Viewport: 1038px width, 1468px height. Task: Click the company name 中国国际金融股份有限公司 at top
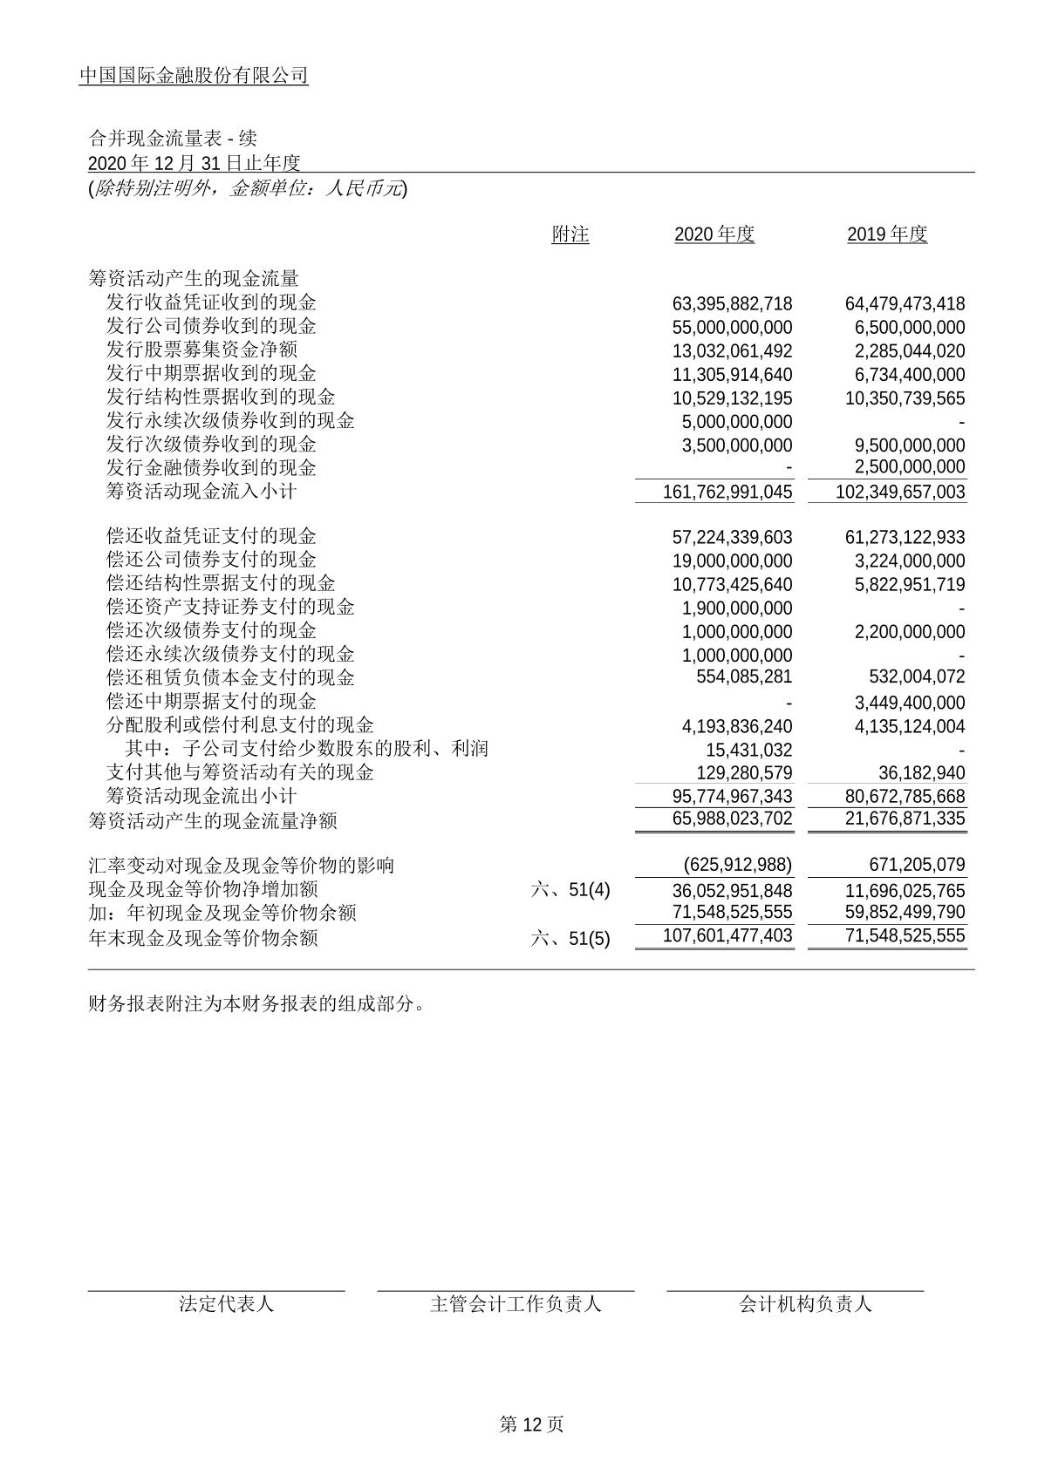[x=194, y=76]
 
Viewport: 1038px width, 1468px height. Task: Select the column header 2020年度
[x=714, y=234]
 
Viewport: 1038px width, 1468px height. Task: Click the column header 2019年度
[x=886, y=234]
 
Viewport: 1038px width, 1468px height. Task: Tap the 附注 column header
[x=570, y=234]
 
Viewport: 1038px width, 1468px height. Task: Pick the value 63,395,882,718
[x=732, y=304]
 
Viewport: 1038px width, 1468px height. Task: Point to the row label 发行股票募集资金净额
[x=201, y=350]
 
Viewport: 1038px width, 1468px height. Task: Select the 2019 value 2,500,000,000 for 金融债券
[x=909, y=468]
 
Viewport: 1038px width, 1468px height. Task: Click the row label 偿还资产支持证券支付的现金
[x=230, y=607]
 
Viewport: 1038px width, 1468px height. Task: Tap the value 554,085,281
[x=744, y=677]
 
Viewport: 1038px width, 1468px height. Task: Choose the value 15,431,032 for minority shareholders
[x=748, y=750]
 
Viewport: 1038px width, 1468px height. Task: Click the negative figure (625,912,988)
[x=738, y=866]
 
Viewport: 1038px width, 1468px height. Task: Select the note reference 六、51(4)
[x=570, y=891]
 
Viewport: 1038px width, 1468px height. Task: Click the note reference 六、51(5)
[x=570, y=939]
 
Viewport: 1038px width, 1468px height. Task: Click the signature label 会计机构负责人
[x=804, y=1304]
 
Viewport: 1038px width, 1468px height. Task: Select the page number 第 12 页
[x=530, y=1424]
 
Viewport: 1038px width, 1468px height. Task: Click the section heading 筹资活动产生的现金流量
[x=194, y=279]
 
